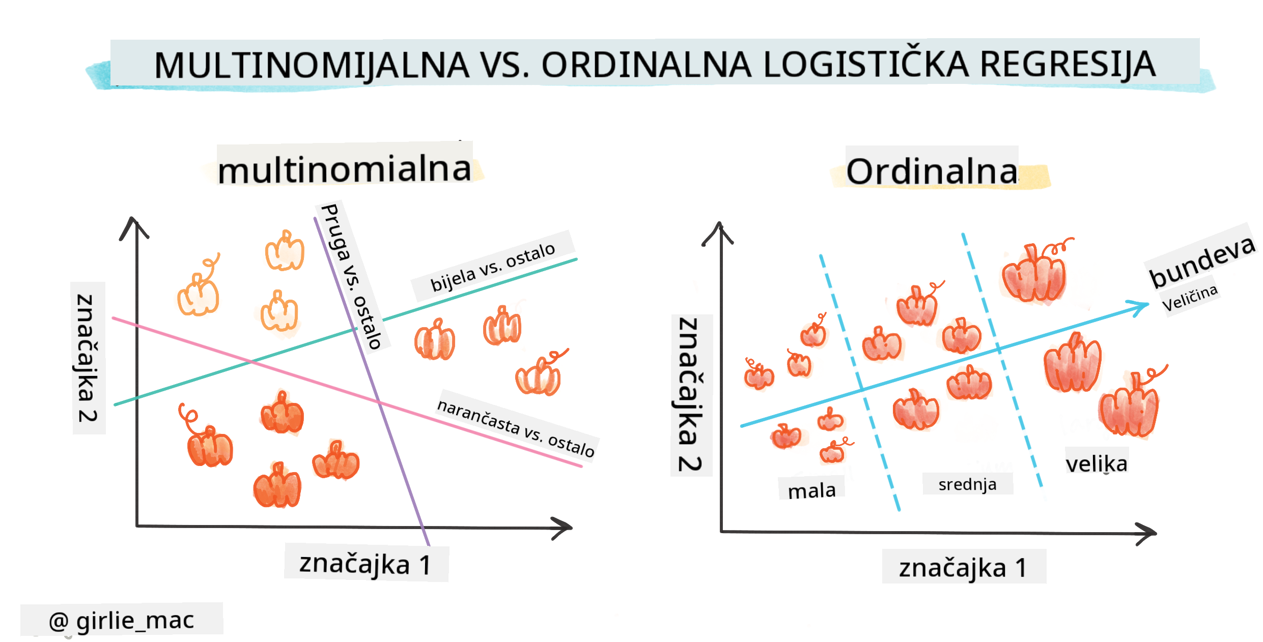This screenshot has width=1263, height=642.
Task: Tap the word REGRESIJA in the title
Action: pos(1068,65)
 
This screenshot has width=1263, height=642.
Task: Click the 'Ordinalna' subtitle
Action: pos(932,171)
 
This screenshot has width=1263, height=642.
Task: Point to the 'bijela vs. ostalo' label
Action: pos(493,267)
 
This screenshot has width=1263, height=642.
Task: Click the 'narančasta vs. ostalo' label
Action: pos(516,428)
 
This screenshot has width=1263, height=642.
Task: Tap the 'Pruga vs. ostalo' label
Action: pos(351,276)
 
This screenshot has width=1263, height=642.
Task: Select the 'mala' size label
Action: pos(811,490)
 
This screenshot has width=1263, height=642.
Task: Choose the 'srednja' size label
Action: pos(967,484)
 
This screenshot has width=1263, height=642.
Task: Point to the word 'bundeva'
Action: pos(1201,261)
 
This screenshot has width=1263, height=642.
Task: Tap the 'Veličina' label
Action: pos(1189,298)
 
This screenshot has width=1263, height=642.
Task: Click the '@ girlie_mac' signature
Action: pos(121,620)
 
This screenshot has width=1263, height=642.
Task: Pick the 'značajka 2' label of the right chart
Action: pos(690,394)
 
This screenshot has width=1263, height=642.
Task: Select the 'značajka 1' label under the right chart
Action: pos(963,568)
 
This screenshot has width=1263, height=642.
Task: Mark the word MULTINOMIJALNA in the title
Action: pos(312,65)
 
